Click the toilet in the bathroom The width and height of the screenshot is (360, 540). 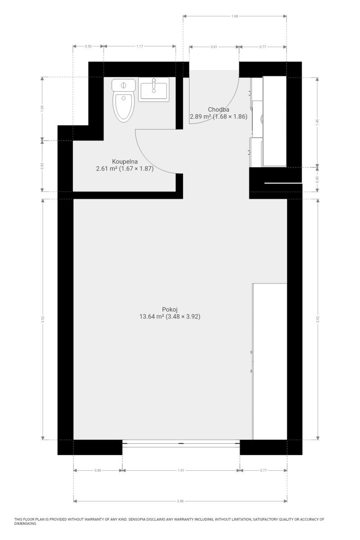[123, 100]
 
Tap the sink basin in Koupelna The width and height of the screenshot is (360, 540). [153, 90]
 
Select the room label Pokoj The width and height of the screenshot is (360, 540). [170, 310]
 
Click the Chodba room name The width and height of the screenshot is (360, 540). [218, 110]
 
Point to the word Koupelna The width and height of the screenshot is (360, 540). [125, 162]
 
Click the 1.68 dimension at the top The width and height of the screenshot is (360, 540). [234, 16]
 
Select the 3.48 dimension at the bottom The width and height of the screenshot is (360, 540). [180, 501]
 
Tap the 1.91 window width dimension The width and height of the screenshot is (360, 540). [181, 470]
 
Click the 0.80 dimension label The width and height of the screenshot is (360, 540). [98, 470]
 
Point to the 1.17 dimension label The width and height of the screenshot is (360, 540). [139, 46]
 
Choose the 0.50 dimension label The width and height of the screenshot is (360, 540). [88, 46]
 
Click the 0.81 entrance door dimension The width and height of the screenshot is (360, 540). [214, 47]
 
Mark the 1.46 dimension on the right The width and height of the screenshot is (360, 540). [317, 122]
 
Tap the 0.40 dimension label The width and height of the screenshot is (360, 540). [317, 180]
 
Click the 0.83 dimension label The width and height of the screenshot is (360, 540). [42, 166]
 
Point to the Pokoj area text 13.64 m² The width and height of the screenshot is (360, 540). [152, 316]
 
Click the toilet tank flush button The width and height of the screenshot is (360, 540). [123, 85]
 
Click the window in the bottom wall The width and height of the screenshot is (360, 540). [181, 443]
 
